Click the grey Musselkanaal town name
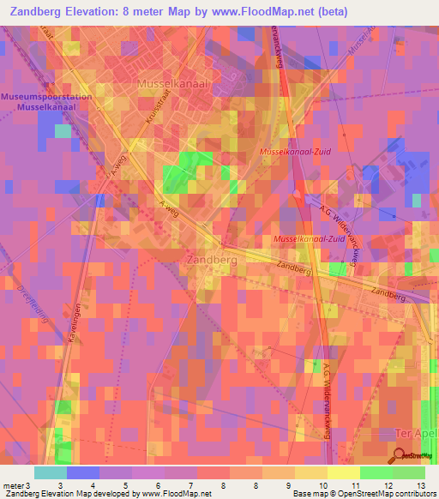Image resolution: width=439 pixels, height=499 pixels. (x=174, y=83)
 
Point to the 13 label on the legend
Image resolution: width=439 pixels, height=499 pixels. (x=420, y=485)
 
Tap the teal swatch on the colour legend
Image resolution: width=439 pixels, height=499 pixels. (x=50, y=472)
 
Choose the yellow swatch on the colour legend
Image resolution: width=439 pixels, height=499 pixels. (x=343, y=472)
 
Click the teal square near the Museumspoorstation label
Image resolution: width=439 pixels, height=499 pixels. (x=63, y=130)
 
